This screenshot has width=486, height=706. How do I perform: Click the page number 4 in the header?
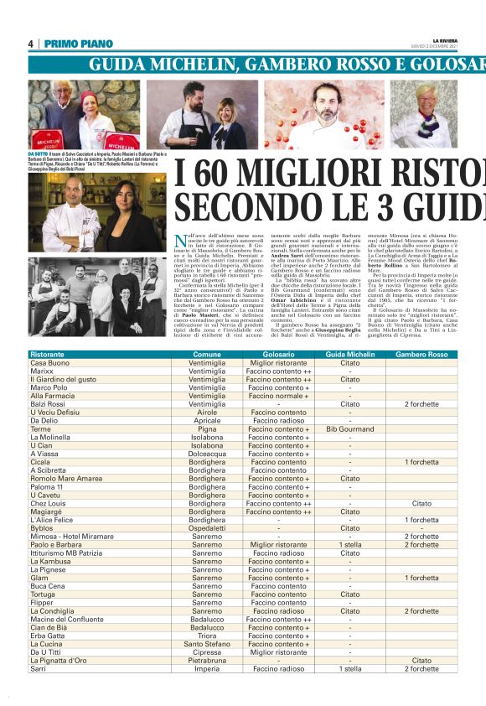pyautogui.click(x=31, y=44)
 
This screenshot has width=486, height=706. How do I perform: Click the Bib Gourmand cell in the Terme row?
pyautogui.click(x=349, y=428)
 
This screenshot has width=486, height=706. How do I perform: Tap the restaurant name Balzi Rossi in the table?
pyautogui.click(x=48, y=404)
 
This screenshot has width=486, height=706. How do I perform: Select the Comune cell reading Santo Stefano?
pyautogui.click(x=206, y=644)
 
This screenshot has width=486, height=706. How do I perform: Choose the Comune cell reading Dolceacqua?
pyautogui.click(x=206, y=454)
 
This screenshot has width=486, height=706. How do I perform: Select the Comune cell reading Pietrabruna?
pyautogui.click(x=206, y=661)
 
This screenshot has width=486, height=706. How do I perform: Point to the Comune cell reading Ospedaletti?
pyautogui.click(x=206, y=528)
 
